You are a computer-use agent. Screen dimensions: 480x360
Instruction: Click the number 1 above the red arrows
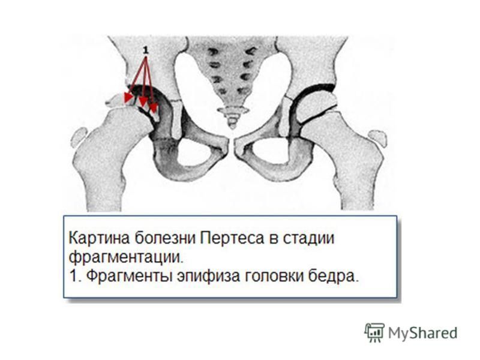[x=146, y=50]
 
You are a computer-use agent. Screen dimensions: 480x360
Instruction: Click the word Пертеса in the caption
[x=232, y=238]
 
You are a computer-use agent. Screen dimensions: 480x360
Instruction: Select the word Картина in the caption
[x=99, y=238]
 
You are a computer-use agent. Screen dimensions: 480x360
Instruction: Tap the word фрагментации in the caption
[x=125, y=258]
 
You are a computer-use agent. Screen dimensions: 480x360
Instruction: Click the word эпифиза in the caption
[x=208, y=277]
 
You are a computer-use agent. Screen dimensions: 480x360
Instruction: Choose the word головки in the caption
[x=273, y=277]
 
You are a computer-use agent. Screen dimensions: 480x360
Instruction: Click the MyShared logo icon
[x=374, y=332]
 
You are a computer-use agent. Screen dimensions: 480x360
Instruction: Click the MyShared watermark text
[x=423, y=333]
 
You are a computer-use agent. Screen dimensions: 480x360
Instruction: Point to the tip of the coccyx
[x=233, y=127]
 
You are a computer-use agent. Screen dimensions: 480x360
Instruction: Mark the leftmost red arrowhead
[x=128, y=98]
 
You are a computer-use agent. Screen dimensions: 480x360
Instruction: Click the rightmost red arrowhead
[x=153, y=108]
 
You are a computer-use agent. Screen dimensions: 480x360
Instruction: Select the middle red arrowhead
[x=143, y=102]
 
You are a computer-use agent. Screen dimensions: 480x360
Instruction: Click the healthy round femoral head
[x=316, y=106]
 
